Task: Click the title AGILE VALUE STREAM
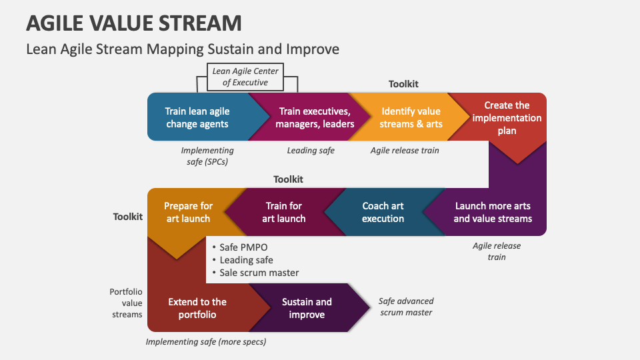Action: point(133,23)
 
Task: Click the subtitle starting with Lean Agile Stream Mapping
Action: point(182,49)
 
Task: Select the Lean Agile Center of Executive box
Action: point(245,77)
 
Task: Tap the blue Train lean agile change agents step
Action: point(197,117)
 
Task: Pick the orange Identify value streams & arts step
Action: point(411,117)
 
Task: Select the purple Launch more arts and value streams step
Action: point(493,212)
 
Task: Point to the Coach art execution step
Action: point(383,212)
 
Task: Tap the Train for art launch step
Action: point(283,212)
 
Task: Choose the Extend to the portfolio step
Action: point(197,308)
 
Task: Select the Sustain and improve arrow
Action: point(307,308)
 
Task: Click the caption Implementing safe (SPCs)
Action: point(207,156)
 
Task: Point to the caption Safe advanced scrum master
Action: point(406,307)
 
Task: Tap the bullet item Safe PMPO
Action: point(243,247)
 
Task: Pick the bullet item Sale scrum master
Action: point(259,272)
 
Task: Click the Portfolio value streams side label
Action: point(126,303)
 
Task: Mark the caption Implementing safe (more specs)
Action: point(206,342)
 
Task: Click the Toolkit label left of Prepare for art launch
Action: point(128,217)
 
